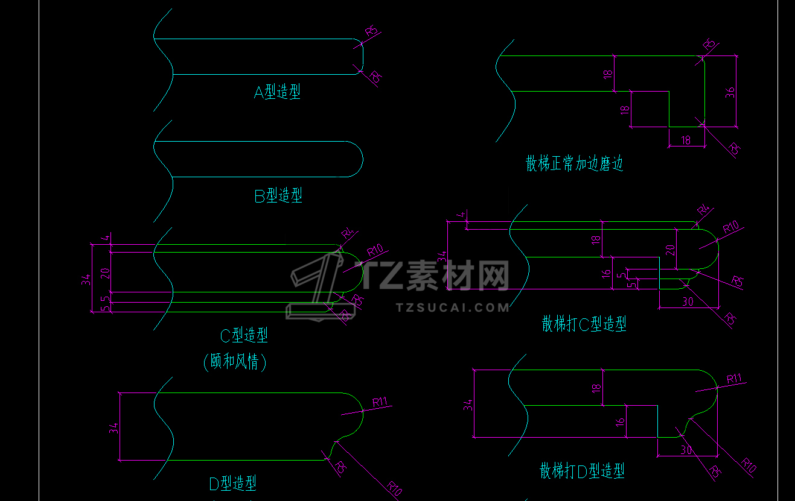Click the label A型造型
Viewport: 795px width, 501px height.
[x=277, y=92]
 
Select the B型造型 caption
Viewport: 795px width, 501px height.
[x=278, y=195]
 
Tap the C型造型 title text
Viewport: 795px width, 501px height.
[x=244, y=335]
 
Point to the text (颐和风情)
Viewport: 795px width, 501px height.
[x=235, y=362]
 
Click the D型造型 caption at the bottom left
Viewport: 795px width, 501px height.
[x=232, y=483]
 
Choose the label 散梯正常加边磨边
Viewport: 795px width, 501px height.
[x=574, y=163]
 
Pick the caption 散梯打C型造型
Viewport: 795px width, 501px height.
[x=584, y=324]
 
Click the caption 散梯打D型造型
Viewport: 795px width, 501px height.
[x=582, y=470]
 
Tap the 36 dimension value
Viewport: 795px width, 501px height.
[x=729, y=92]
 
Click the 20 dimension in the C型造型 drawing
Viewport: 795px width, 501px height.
[x=104, y=272]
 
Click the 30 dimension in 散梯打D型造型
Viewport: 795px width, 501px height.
[x=686, y=449]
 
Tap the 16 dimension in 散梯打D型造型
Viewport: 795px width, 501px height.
[x=620, y=421]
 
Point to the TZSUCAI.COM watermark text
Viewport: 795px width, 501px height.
[x=453, y=307]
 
